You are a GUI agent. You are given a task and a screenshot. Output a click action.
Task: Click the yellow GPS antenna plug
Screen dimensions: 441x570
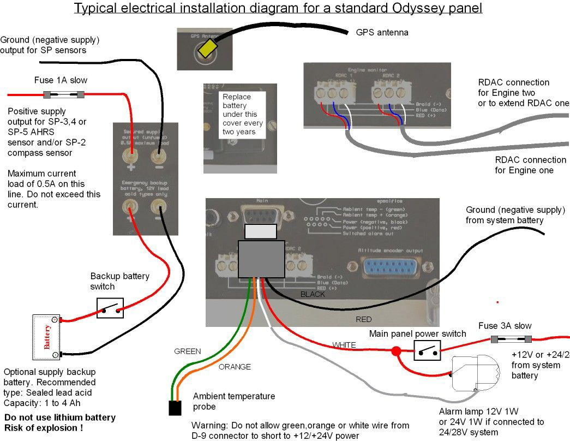point(208,49)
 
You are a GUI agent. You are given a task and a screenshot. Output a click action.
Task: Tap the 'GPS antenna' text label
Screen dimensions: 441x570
point(382,33)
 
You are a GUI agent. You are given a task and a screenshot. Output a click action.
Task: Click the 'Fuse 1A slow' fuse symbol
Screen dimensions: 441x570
point(64,95)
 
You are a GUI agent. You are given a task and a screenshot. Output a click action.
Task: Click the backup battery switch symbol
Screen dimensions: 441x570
point(110,308)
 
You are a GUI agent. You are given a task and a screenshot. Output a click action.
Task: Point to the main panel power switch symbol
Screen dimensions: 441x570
point(427,350)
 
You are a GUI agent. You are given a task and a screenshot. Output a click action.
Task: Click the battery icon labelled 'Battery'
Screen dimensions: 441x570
point(46,337)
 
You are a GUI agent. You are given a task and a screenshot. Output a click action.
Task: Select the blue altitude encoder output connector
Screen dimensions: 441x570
point(392,269)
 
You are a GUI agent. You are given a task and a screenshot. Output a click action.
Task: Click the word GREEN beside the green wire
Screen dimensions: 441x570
point(188,351)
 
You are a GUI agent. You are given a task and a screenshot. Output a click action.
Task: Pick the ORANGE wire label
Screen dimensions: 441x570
point(235,367)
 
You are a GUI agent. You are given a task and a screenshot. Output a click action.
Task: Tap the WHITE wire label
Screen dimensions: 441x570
point(344,345)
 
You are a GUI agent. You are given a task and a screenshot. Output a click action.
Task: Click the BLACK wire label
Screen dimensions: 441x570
point(313,294)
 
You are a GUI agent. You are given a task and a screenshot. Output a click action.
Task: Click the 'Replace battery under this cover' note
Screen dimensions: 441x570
point(243,114)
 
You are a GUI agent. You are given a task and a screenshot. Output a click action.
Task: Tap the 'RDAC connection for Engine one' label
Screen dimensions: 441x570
point(530,165)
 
